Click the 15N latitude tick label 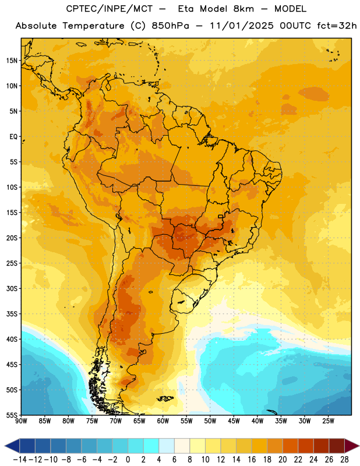coord(12,61)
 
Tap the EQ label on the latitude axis coord(13,137)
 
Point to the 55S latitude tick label coord(12,415)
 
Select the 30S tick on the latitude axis coord(12,288)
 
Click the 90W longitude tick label coord(21,421)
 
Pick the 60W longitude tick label coord(163,421)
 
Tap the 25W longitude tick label coord(329,421)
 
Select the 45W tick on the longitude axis coord(234,421)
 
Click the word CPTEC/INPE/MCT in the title coord(110,9)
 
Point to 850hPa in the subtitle coord(170,26)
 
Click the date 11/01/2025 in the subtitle coord(241,26)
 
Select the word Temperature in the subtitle coord(93,26)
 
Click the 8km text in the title coord(243,9)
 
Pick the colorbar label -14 coord(20,460)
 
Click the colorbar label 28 coord(344,460)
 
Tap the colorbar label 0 coord(128,460)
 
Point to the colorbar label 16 coord(252,460)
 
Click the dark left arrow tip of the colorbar coord(5,446)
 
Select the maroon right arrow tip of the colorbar coord(358,446)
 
